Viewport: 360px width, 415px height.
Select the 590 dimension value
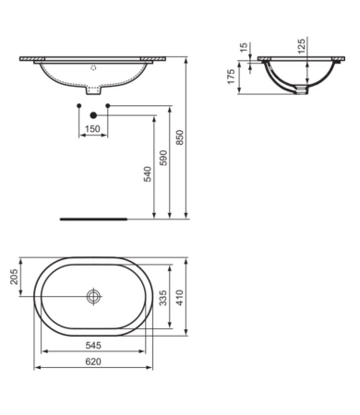point(164,159)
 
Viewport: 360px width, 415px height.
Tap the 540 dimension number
point(146,174)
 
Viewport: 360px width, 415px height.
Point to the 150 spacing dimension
point(92,129)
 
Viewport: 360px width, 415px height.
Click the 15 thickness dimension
point(244,48)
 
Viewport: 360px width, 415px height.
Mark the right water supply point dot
point(108,107)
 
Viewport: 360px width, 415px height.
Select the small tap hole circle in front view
point(92,67)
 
